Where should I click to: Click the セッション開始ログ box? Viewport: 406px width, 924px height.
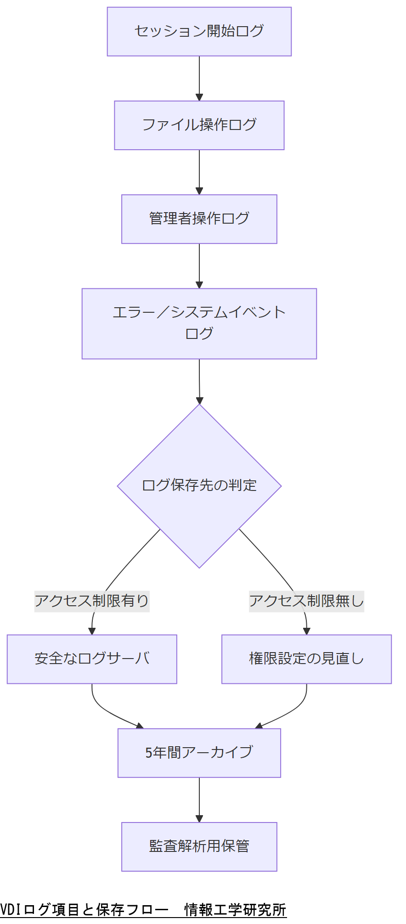tap(199, 31)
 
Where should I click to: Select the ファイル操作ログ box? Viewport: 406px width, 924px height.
tap(199, 125)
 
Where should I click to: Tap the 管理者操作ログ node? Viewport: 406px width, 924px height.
tap(199, 219)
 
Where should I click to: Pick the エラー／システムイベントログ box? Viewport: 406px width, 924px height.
tap(199, 323)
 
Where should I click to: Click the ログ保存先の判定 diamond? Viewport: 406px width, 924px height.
tap(199, 485)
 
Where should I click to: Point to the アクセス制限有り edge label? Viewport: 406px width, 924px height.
tap(92, 601)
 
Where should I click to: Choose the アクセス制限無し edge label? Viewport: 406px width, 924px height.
tap(306, 601)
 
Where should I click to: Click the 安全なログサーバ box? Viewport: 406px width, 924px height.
tap(92, 659)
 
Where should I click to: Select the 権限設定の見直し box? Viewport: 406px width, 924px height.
tap(306, 659)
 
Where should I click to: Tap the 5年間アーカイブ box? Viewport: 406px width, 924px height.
tap(199, 753)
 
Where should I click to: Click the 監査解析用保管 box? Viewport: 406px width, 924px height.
tap(199, 846)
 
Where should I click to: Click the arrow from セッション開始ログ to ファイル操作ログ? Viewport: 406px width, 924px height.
tap(199, 78)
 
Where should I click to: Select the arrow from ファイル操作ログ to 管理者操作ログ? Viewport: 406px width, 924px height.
tap(199, 172)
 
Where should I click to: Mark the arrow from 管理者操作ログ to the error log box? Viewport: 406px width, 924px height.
tap(199, 265)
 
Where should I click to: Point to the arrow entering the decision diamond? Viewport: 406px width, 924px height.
tap(199, 381)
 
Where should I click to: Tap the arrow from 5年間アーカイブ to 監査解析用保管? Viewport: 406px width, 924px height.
tap(199, 799)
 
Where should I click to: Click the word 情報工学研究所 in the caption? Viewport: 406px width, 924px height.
tap(235, 910)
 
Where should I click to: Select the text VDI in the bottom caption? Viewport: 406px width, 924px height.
tap(8, 910)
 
